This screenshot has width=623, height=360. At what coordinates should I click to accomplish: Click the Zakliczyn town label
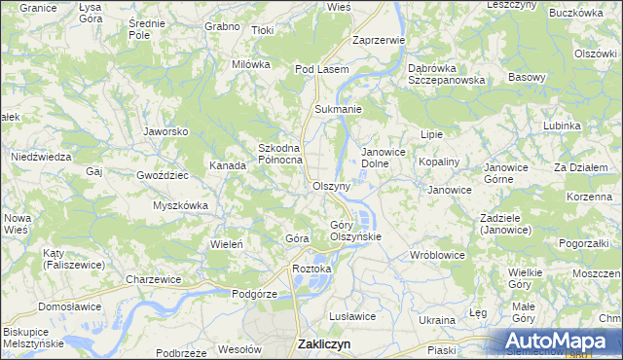tap(323, 343)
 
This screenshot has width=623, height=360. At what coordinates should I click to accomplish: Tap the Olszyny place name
tap(331, 185)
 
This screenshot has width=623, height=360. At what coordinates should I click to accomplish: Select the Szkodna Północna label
tap(280, 154)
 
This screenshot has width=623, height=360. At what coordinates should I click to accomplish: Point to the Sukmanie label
tap(336, 109)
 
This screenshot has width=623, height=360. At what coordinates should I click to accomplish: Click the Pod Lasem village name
tap(321, 69)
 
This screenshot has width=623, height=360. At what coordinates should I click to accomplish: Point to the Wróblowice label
tap(437, 254)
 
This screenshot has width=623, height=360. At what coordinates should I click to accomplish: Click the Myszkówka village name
tap(181, 205)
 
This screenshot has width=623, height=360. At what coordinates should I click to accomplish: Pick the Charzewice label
tap(154, 279)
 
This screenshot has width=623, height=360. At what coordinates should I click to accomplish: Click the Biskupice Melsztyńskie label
tap(33, 338)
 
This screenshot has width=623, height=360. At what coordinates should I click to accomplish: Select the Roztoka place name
tap(312, 269)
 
